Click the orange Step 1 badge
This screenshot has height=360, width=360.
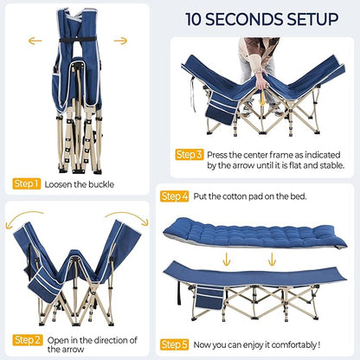27,183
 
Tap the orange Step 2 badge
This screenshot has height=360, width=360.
28,340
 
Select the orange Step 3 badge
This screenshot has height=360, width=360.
190,155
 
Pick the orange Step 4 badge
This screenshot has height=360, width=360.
175,196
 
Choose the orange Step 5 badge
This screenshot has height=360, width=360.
175,344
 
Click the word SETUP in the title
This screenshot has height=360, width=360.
308,19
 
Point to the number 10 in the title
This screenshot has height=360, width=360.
193,19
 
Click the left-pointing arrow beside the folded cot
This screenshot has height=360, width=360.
35,41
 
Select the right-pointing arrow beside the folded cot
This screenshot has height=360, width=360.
120,41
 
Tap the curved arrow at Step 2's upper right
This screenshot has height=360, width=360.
131,215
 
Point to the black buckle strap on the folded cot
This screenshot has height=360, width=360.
78,40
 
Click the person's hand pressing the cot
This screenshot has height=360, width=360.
262,81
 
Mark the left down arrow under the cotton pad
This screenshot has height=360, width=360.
227,259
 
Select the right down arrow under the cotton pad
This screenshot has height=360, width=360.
272,259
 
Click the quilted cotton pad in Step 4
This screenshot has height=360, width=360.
255,233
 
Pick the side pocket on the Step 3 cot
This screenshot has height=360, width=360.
222,107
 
